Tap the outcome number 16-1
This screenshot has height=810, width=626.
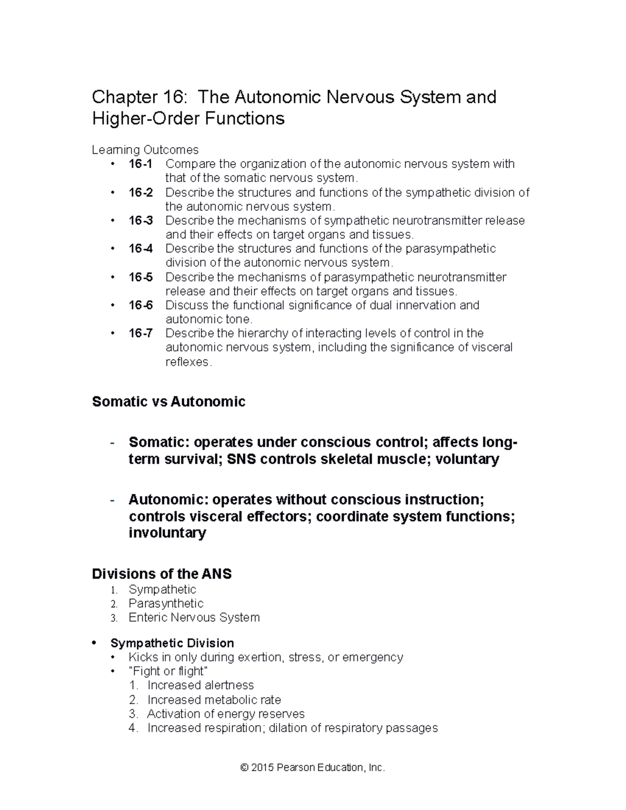140,164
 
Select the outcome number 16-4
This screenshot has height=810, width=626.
140,249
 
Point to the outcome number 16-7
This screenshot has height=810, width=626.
140,333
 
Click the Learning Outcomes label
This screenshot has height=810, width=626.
145,150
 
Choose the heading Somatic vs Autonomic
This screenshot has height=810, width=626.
168,402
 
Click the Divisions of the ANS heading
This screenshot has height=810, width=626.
162,574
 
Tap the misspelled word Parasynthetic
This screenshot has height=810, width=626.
166,603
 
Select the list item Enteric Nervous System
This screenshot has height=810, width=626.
194,618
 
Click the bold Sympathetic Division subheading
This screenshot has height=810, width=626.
172,643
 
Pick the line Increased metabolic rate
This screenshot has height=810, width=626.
214,700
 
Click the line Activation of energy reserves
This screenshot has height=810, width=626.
225,714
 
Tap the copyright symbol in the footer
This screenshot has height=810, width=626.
244,768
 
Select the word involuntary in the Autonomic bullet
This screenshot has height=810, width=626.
167,533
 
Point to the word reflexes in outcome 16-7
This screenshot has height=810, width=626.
188,362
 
